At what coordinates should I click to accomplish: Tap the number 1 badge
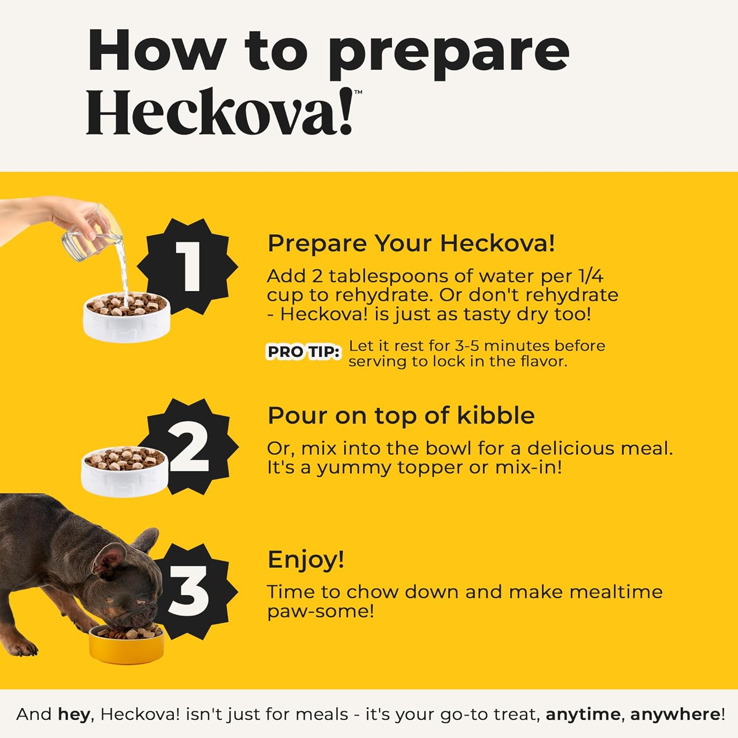tap(187, 267)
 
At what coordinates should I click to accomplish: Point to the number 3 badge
tap(189, 590)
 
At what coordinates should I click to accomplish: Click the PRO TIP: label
tap(304, 352)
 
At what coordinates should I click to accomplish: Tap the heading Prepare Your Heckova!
tap(411, 243)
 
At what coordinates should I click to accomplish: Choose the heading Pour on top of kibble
tap(401, 415)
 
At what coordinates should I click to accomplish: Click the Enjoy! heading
tap(306, 559)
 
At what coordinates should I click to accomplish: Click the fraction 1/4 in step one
tap(590, 276)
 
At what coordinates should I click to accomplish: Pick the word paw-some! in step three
tap(321, 612)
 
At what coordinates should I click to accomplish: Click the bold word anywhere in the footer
tap(675, 715)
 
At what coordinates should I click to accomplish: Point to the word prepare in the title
tap(449, 53)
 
